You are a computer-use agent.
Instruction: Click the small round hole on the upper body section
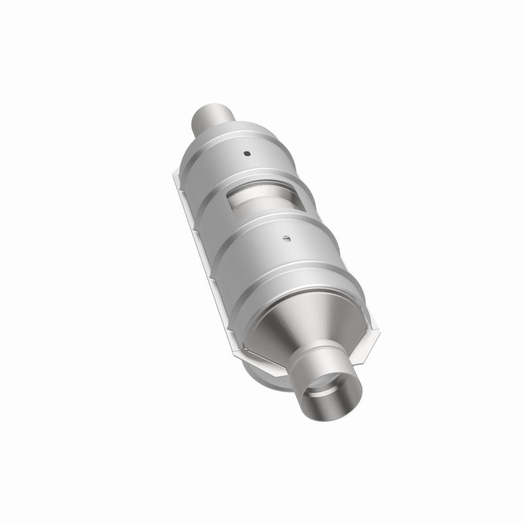click(248, 154)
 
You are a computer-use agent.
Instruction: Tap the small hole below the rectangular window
click(286, 239)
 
